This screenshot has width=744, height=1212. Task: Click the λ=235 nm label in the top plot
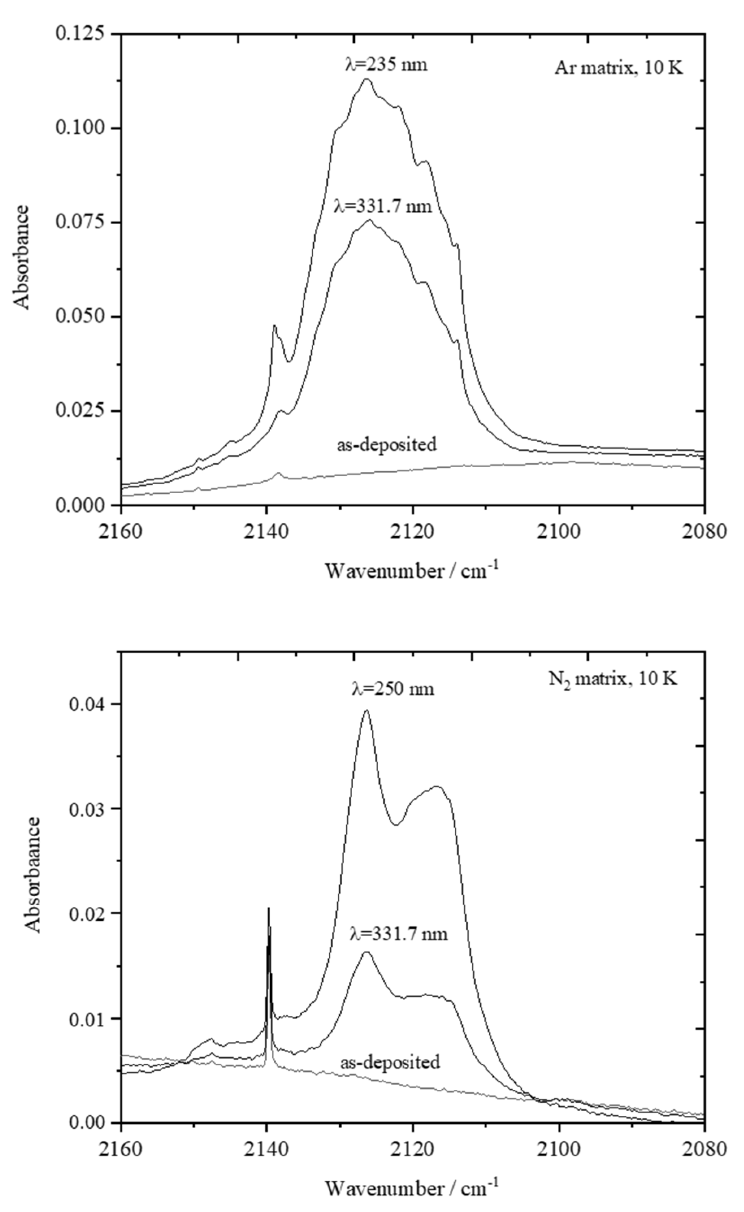coord(386,65)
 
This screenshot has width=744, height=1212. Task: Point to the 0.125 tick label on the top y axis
coord(80,35)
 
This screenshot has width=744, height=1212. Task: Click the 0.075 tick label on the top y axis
coord(80,222)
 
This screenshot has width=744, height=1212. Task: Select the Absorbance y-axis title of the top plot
coord(22,257)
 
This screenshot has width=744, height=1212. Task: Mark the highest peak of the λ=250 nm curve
coord(366,710)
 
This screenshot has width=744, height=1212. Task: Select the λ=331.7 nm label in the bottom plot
coord(399,934)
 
